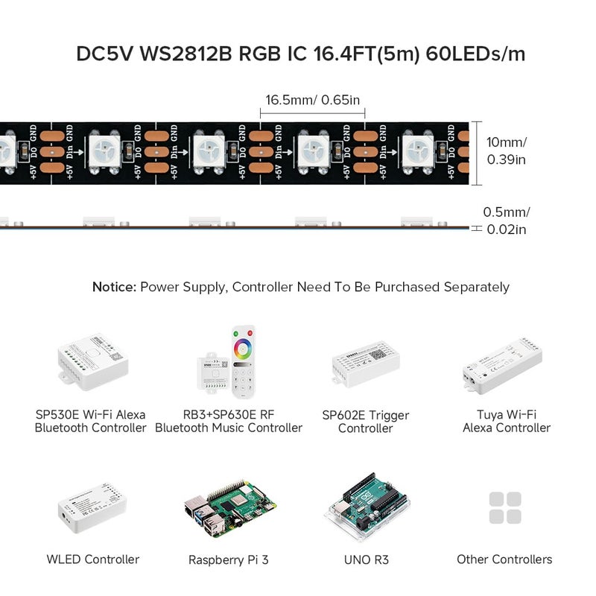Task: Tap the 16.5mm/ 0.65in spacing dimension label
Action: coord(312,99)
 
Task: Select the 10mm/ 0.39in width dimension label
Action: coord(507,150)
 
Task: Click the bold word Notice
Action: coord(115,287)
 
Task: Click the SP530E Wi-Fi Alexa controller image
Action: coord(91,365)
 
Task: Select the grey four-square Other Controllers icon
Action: coord(505,508)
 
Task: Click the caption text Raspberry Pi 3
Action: coord(228,559)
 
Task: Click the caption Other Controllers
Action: coord(505,559)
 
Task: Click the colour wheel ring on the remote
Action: coord(244,346)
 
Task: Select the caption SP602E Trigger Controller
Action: coord(365,422)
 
